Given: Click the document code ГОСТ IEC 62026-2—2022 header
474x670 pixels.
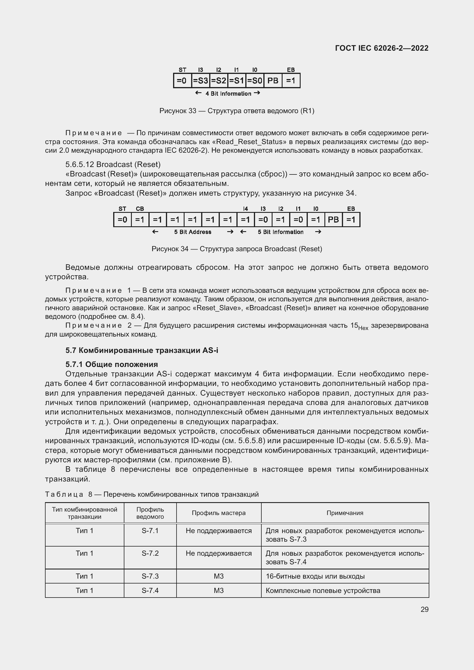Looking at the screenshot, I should tap(381, 48).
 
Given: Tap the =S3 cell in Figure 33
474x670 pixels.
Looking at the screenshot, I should tap(201, 80).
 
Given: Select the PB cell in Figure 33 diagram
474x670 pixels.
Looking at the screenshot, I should tap(273, 80).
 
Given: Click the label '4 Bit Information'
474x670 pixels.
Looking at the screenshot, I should tap(228, 94).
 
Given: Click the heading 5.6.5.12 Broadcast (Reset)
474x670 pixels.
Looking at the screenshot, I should tap(113, 164).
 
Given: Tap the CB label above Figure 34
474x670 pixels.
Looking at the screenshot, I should tap(140, 209).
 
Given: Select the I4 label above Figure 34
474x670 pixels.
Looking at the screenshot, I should tap(246, 209).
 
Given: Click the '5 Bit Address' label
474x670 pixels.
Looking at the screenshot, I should tap(193, 232).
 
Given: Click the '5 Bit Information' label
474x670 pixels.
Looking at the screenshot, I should tap(281, 232).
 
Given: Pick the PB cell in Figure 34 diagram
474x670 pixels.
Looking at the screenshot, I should tap(333, 219).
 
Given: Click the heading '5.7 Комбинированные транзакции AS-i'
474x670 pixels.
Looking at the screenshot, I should tap(142, 350).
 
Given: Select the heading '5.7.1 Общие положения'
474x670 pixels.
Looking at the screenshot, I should tap(111, 364).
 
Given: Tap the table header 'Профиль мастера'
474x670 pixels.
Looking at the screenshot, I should tap(219, 513).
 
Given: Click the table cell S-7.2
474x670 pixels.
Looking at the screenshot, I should tap(150, 553).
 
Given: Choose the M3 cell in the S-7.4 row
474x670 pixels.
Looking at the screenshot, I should tap(219, 590).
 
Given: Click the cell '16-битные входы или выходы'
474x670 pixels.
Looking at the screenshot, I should tap(315, 576).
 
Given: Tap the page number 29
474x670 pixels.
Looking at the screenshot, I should tap(424, 609).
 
